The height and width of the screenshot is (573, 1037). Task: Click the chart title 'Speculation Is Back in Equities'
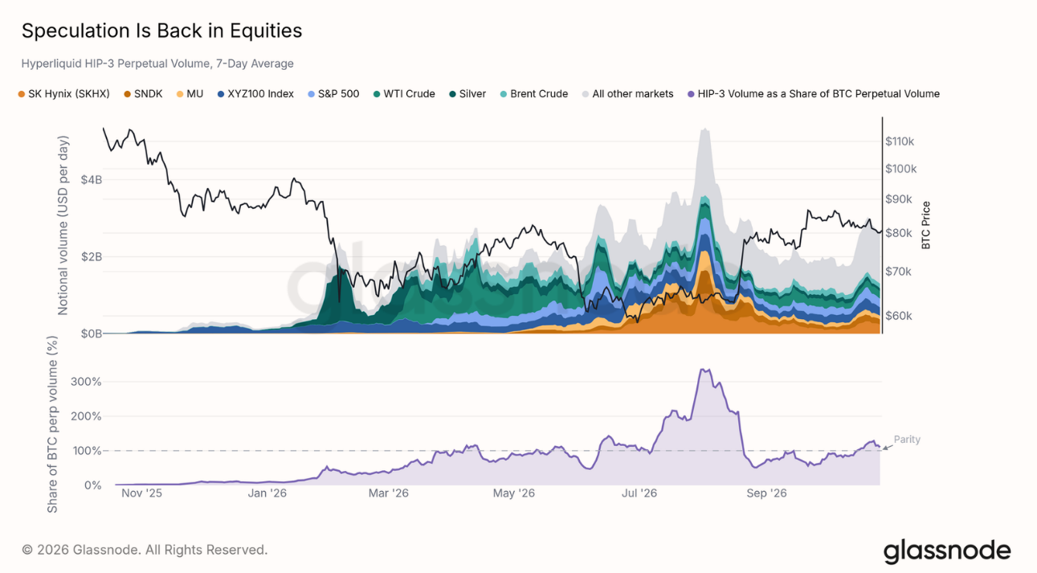[161, 31]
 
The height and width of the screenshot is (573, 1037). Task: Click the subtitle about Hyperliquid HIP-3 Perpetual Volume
[157, 63]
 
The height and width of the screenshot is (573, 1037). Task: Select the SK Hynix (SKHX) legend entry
[64, 94]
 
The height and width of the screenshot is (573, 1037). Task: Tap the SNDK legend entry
[143, 94]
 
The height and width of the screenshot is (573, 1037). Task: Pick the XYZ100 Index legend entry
[255, 94]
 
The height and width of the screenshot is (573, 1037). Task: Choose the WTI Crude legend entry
[404, 94]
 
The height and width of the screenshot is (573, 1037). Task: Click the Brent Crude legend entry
[534, 94]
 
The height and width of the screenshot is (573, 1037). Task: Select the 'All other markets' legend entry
[628, 94]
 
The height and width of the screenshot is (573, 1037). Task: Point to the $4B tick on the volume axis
[92, 180]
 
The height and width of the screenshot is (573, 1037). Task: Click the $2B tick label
[92, 256]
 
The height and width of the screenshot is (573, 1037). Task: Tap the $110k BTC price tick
[900, 141]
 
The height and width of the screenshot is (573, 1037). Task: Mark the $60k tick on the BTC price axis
[899, 316]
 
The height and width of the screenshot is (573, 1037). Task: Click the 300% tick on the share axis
[86, 382]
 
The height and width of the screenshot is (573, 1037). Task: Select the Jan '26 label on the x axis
[267, 493]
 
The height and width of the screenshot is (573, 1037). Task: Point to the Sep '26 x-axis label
[766, 493]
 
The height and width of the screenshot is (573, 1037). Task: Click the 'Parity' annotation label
[907, 439]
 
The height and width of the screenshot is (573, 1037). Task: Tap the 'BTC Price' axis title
[926, 225]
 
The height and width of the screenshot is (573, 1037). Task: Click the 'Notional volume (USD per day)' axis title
[63, 225]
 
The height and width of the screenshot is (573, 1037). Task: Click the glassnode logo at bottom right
[947, 551]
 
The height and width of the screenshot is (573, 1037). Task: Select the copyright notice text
[145, 550]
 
